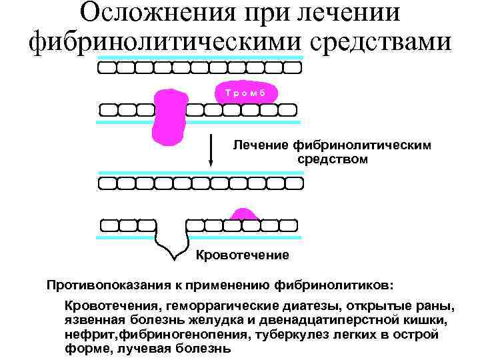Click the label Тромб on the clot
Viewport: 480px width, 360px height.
click(245, 93)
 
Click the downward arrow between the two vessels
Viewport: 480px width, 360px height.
click(211, 151)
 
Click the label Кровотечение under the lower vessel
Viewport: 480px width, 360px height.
click(243, 255)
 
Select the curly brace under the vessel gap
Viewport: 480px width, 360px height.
click(173, 246)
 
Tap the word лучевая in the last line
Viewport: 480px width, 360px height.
click(141, 348)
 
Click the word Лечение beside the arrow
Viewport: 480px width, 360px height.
click(256, 145)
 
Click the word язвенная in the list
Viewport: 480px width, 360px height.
click(90, 320)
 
